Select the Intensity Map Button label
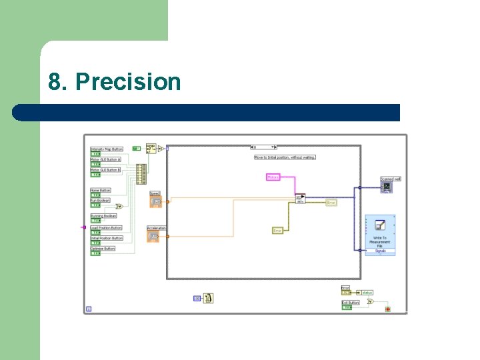(x=107, y=149)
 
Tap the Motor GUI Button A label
(x=105, y=160)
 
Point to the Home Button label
(x=101, y=191)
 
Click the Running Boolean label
(x=103, y=216)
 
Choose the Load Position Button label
(x=107, y=228)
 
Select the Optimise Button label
(x=103, y=249)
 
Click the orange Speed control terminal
(x=155, y=201)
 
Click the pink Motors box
(x=273, y=177)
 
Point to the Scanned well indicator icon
(x=387, y=187)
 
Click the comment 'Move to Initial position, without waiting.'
(x=285, y=157)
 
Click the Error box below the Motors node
(x=277, y=231)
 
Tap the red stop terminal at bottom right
(x=387, y=309)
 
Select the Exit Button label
(x=351, y=303)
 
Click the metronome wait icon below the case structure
(x=208, y=299)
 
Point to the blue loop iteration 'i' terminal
(x=89, y=309)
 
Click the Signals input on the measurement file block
(x=380, y=251)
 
